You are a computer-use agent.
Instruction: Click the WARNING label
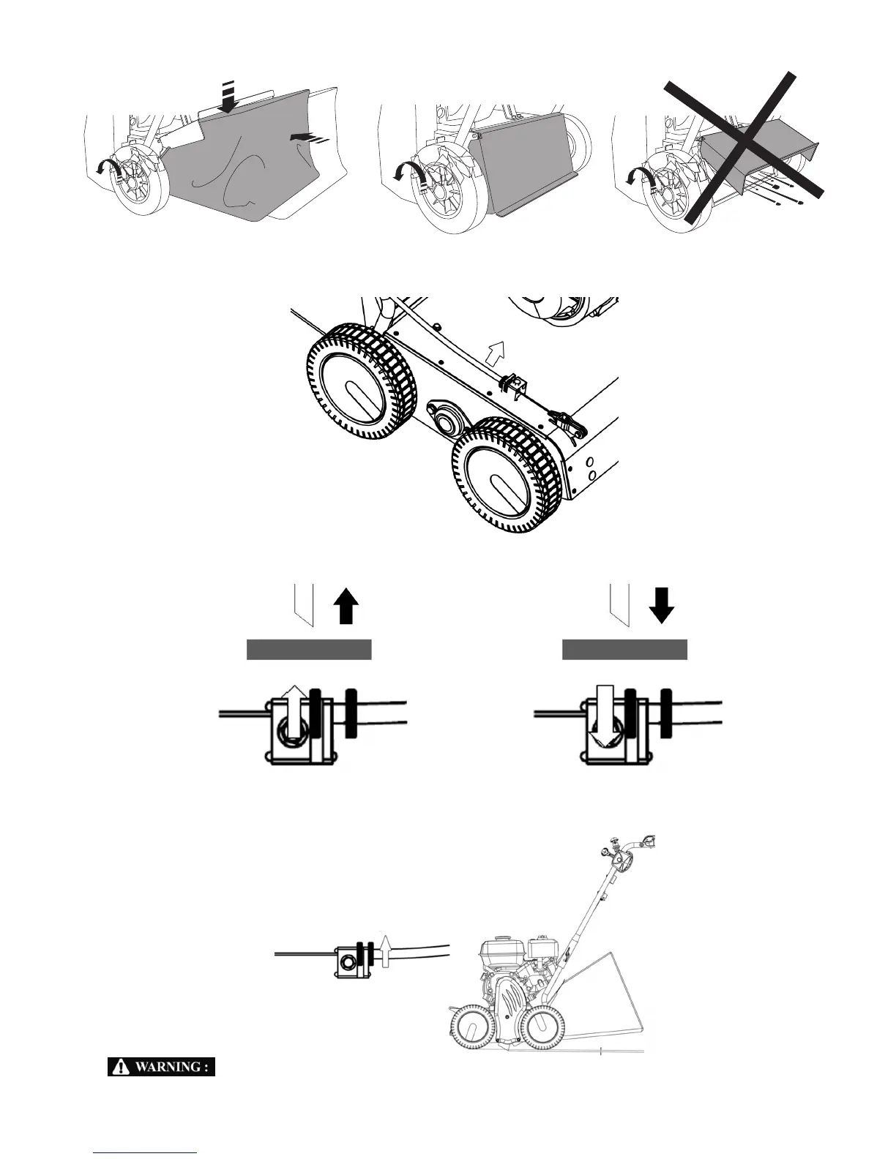161,1067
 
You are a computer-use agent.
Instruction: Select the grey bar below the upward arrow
309,649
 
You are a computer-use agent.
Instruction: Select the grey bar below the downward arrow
624,649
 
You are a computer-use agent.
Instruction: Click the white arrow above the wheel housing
496,353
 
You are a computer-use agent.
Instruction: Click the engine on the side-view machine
512,959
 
